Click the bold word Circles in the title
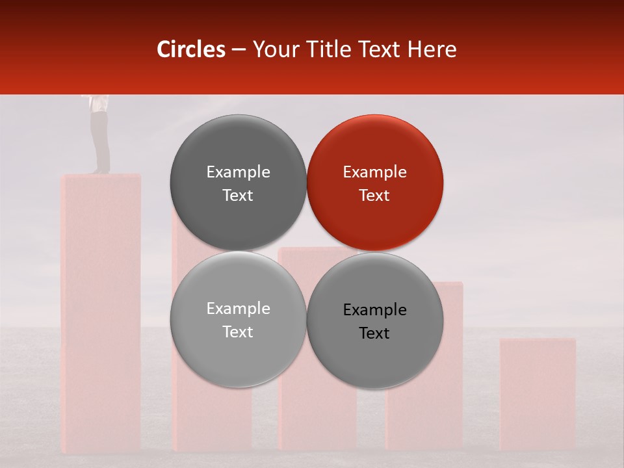tap(191, 49)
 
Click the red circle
tap(375, 183)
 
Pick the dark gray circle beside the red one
tap(238, 183)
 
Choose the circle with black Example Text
tap(375, 320)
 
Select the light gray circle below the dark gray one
tap(238, 319)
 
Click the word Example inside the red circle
tap(374, 172)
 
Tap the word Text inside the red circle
tap(374, 195)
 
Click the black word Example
tap(374, 309)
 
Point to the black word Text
tap(374, 333)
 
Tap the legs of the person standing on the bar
tap(100, 140)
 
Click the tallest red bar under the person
tap(101, 312)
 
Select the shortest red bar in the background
tap(538, 393)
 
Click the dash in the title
tap(239, 49)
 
